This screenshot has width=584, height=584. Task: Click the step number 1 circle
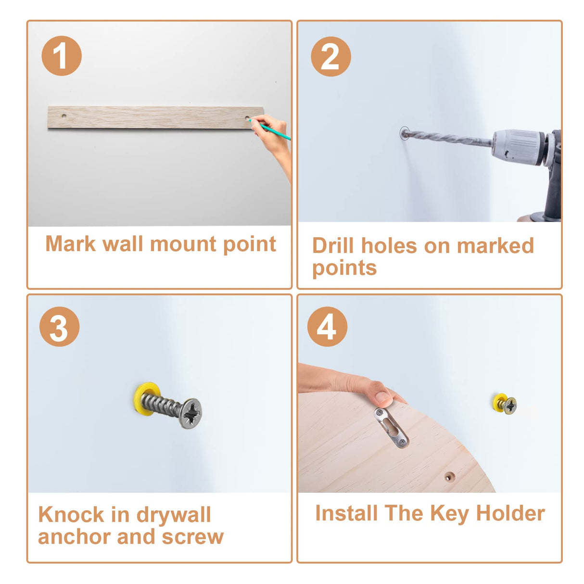(62, 56)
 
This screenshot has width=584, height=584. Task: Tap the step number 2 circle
(331, 56)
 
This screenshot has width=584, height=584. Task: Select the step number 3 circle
(59, 327)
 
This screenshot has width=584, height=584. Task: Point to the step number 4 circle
(327, 327)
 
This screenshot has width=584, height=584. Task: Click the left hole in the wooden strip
(64, 116)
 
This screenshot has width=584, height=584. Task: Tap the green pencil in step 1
(269, 129)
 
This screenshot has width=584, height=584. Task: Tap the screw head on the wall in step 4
(511, 406)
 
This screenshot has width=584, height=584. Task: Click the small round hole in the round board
(449, 477)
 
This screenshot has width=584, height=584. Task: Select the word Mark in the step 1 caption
(70, 244)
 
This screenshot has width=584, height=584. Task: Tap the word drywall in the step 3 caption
(174, 515)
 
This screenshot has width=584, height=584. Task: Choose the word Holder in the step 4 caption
(511, 513)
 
